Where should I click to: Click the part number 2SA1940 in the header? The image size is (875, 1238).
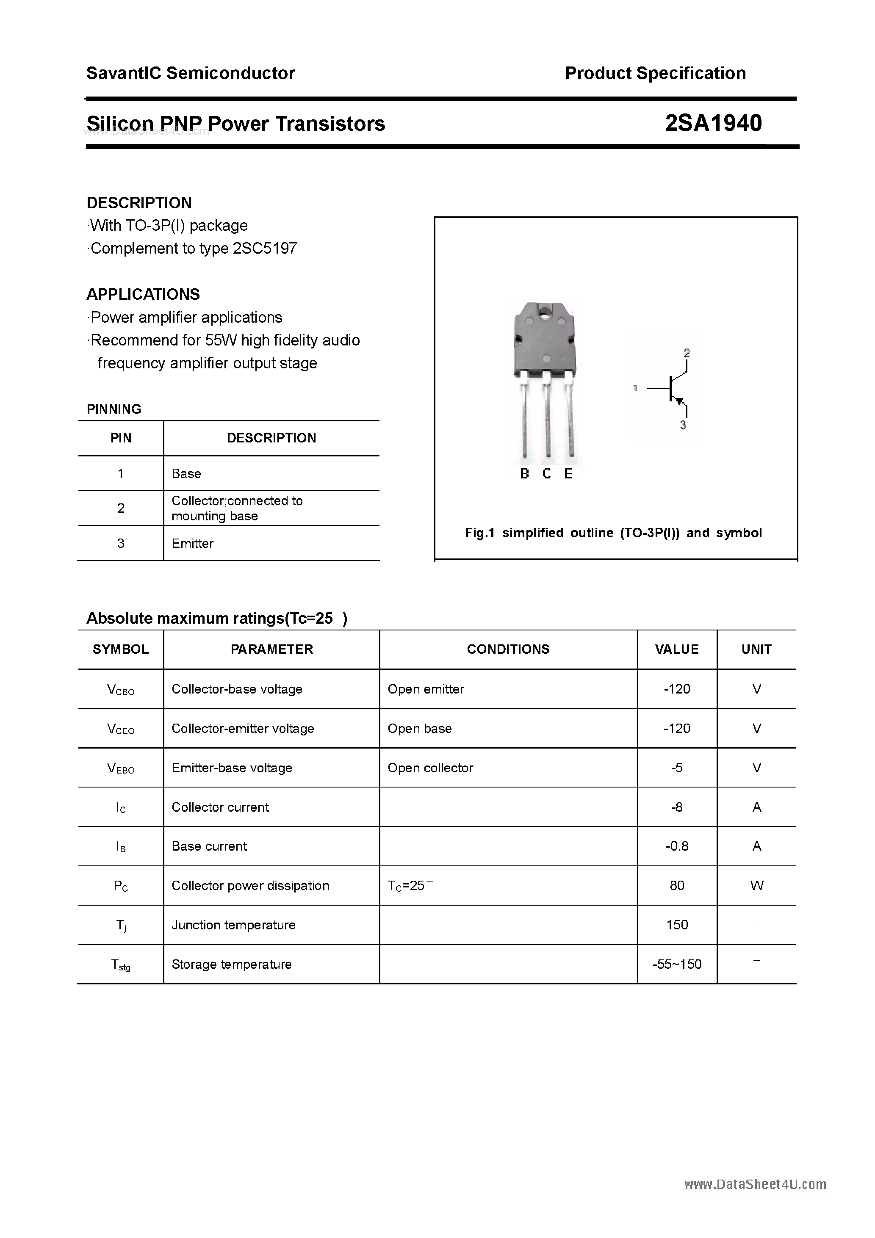click(713, 124)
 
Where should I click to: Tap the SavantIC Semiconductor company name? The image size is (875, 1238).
click(191, 73)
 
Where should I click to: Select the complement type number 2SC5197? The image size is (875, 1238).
click(264, 249)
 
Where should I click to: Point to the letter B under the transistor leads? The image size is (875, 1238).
click(524, 474)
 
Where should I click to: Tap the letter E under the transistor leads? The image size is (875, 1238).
click(568, 474)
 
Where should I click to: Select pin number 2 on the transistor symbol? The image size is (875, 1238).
click(686, 353)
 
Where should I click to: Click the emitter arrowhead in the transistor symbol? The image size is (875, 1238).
click(680, 401)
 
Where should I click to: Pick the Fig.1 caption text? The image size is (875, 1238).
click(613, 533)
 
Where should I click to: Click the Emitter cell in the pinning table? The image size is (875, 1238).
click(193, 544)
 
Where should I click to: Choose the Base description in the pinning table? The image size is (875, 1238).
click(186, 473)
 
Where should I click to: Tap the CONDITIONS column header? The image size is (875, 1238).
click(508, 649)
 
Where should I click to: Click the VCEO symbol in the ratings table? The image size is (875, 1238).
click(121, 729)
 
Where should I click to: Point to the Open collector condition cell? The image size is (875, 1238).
click(430, 768)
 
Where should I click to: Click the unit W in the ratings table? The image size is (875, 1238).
click(756, 885)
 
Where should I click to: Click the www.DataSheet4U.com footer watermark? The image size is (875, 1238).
click(755, 1184)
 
